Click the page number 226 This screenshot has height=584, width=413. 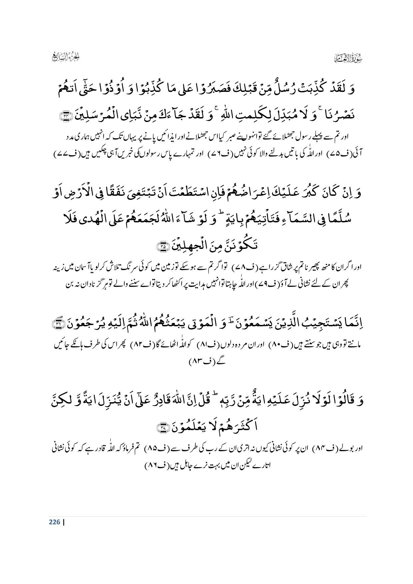tap(54, 522)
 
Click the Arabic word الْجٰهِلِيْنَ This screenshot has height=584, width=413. tap(187, 246)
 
